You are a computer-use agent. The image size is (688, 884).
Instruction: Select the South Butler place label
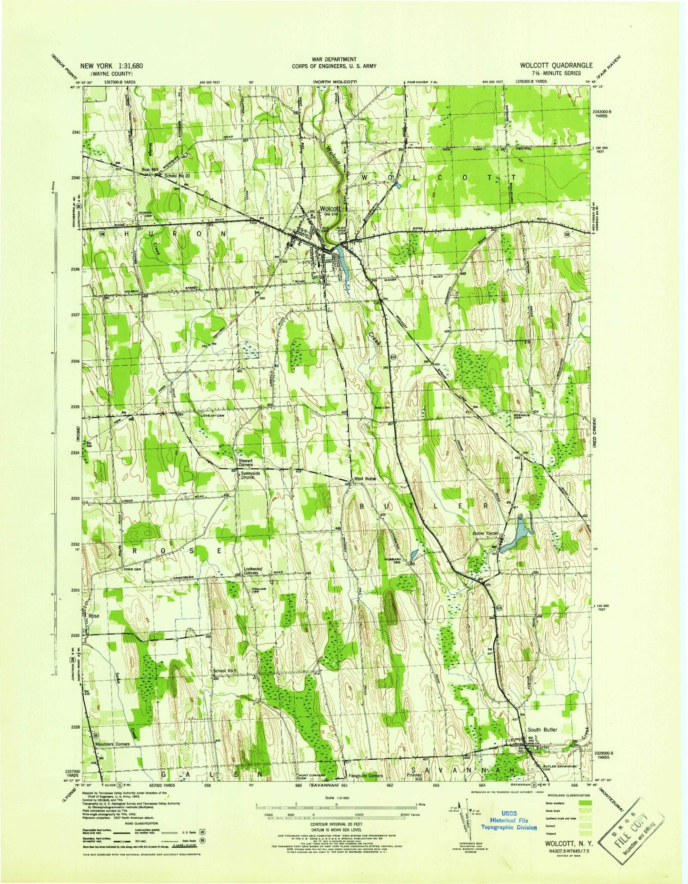[x=542, y=730]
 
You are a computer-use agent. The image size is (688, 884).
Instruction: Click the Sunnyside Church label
[x=250, y=475]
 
